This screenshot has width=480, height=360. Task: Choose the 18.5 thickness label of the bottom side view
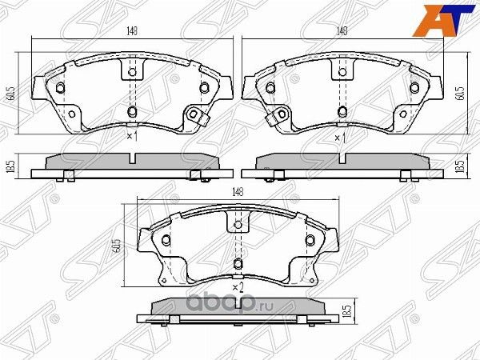(346, 311)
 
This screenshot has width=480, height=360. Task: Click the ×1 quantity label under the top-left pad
(133, 138)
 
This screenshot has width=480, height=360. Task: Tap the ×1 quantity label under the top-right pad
(341, 138)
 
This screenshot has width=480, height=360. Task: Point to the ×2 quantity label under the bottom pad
(237, 286)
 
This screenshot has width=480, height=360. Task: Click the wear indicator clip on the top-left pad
(196, 117)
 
